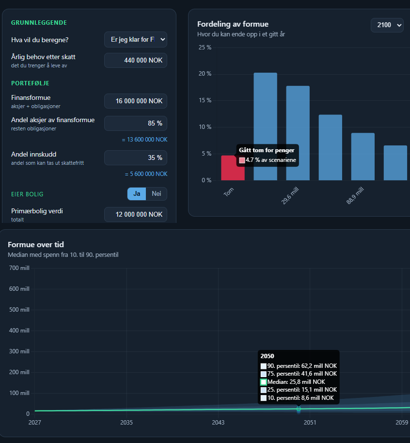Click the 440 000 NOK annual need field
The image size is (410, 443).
[x=136, y=60]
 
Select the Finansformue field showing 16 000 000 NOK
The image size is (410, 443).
[x=136, y=101]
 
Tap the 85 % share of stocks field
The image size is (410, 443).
[x=136, y=123]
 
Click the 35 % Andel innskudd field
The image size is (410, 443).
[x=136, y=158]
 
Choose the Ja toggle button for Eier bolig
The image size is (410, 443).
[x=137, y=194]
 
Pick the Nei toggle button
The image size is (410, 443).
[x=157, y=194]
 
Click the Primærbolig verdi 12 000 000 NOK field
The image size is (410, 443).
[x=136, y=214]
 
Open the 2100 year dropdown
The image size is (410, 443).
[x=387, y=25]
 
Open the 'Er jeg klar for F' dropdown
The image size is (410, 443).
[x=136, y=40]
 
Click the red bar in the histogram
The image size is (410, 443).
[x=229, y=168]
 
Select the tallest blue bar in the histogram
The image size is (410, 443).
[x=265, y=127]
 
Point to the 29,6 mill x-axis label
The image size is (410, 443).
[x=290, y=195]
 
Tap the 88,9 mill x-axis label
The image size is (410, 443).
[x=355, y=195]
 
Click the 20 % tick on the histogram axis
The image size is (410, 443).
[x=205, y=74]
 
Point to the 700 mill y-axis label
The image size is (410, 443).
[x=19, y=268]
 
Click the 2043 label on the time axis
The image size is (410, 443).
[x=218, y=422]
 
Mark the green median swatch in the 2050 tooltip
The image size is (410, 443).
[x=263, y=382]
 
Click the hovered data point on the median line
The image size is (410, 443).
[x=299, y=409]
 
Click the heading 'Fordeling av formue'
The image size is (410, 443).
[x=233, y=24]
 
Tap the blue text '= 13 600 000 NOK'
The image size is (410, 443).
[x=145, y=140]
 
